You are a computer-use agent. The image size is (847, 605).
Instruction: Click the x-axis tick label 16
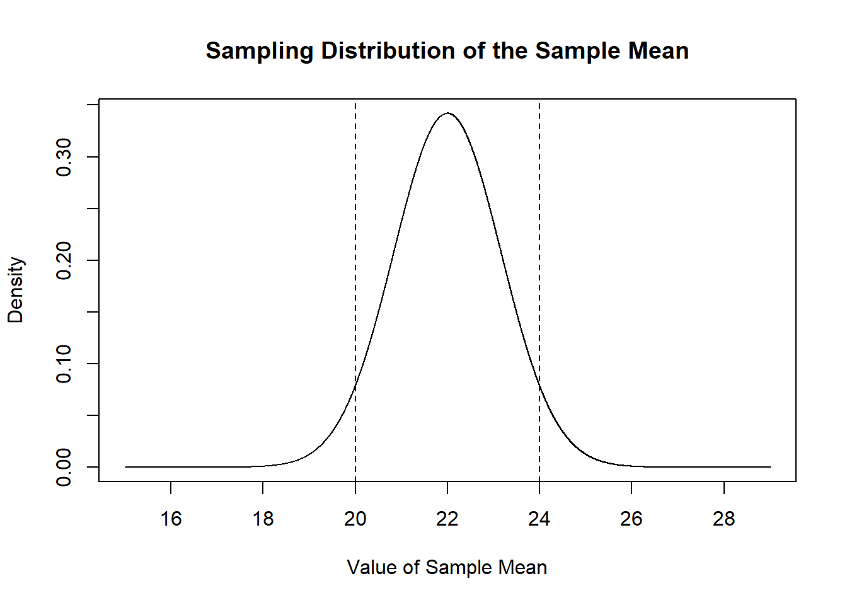pos(171,519)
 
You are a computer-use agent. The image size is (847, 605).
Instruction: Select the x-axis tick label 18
pos(263,519)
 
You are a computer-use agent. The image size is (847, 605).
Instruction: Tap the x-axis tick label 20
pos(355,519)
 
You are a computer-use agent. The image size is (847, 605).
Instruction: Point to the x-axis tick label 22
pos(447,519)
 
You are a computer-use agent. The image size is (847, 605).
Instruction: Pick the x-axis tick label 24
pos(539,519)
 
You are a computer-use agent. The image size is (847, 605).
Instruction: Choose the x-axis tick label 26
pos(631,519)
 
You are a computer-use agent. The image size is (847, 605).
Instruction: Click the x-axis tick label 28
pos(724,519)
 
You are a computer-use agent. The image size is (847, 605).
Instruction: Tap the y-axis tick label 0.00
pos(64,467)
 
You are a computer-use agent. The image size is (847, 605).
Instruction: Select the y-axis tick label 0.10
pos(64,364)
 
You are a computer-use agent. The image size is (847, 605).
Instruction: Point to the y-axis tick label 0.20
pos(64,260)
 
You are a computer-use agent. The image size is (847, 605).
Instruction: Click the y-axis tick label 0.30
pos(64,157)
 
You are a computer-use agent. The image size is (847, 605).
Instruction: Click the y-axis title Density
pos(16,290)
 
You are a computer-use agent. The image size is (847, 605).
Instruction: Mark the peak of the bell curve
pos(447,113)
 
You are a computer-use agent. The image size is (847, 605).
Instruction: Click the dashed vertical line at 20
pos(355,252)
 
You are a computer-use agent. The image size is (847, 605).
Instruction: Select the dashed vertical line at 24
pos(539,252)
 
